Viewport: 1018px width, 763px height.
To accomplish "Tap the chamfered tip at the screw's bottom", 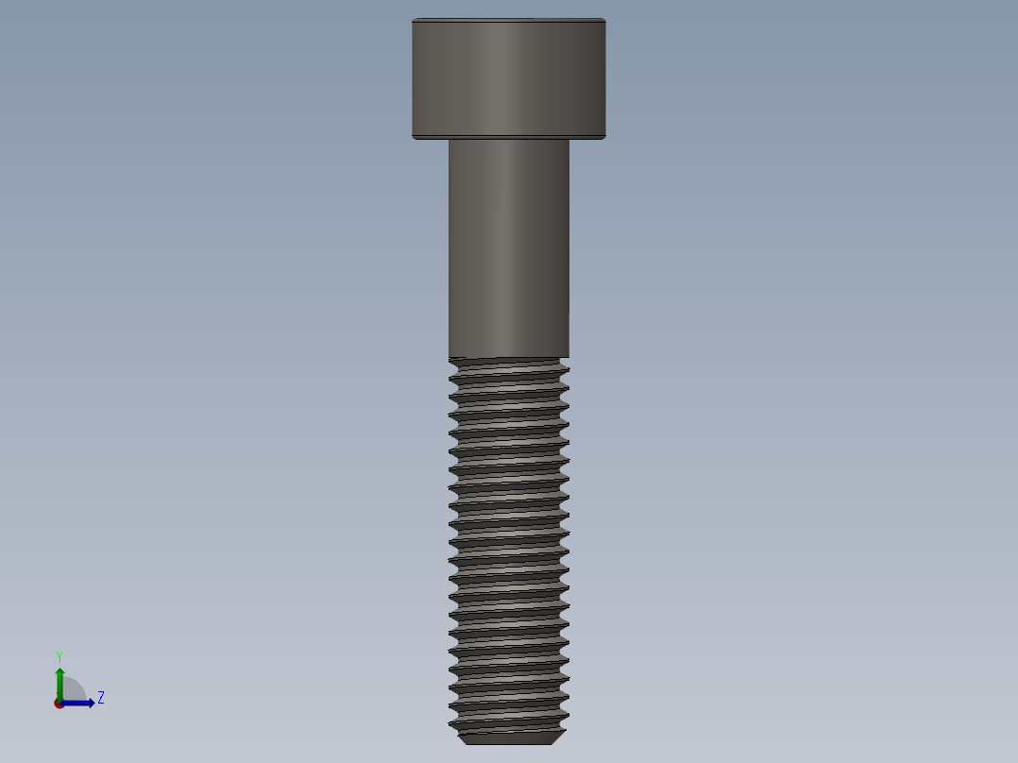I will [510, 738].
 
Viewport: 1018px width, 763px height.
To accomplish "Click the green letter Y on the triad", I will [59, 656].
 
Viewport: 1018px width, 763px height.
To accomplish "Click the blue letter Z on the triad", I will [100, 698].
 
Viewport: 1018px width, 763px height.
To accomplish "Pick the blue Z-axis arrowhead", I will [90, 703].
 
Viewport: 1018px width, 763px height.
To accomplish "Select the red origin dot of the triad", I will [59, 704].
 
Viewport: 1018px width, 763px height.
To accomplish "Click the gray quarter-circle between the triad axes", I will [72, 690].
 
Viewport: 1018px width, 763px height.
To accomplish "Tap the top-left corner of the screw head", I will [414, 20].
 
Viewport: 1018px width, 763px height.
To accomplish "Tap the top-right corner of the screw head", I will [604, 20].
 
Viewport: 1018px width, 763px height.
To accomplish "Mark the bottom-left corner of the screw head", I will [414, 138].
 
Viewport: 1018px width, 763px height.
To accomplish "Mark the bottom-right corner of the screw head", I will [604, 138].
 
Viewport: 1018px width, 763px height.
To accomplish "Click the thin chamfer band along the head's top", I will [508, 20].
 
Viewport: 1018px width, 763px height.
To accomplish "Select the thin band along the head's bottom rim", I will [508, 137].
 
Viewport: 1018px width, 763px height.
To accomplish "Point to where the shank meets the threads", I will [508, 356].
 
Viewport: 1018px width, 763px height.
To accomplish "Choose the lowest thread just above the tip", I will [508, 722].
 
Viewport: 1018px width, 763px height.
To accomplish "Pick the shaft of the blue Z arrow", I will [76, 703].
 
